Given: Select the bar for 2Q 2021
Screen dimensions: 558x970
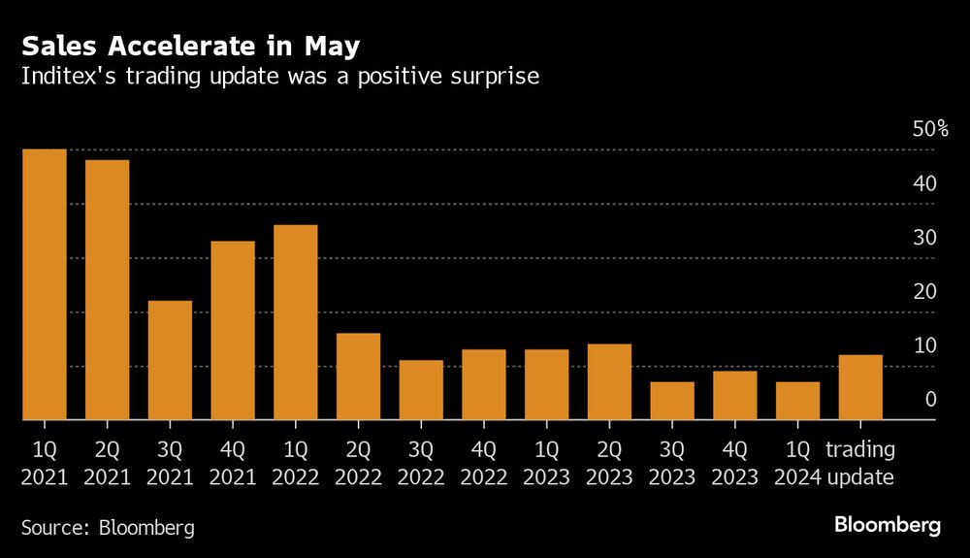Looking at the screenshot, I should click(x=107, y=290).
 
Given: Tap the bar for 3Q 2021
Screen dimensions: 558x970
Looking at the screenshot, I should click(x=170, y=360).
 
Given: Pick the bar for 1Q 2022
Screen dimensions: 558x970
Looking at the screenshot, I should click(x=296, y=322).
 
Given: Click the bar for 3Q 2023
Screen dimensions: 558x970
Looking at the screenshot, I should click(x=672, y=401).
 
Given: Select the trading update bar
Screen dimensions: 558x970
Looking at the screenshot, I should click(x=860, y=387).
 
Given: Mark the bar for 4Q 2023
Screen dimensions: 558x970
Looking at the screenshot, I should click(x=735, y=395).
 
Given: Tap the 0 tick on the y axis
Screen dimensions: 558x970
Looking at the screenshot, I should click(x=930, y=400).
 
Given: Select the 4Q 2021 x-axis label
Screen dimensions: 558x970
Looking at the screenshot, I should click(x=233, y=463).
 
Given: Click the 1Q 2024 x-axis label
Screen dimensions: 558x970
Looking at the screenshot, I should click(x=797, y=463).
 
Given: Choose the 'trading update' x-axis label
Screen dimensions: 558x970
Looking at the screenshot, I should click(x=860, y=463).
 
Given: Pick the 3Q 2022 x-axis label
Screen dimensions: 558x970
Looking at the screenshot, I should click(x=421, y=463).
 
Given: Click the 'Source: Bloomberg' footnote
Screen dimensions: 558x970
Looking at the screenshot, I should click(x=108, y=528).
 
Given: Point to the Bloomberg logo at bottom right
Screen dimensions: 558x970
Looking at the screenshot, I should click(x=888, y=526).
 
